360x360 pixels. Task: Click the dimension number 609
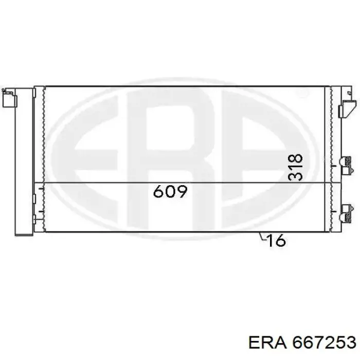pyautogui.click(x=170, y=191)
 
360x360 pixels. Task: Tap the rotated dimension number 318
pyautogui.click(x=295, y=168)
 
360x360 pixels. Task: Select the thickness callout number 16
pyautogui.click(x=277, y=241)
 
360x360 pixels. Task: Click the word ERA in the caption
pyautogui.click(x=267, y=343)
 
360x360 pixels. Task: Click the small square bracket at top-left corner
pyautogui.click(x=9, y=98)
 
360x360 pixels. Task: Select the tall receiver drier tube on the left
pyautogui.click(x=24, y=162)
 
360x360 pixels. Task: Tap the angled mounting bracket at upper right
pyautogui.click(x=348, y=109)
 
